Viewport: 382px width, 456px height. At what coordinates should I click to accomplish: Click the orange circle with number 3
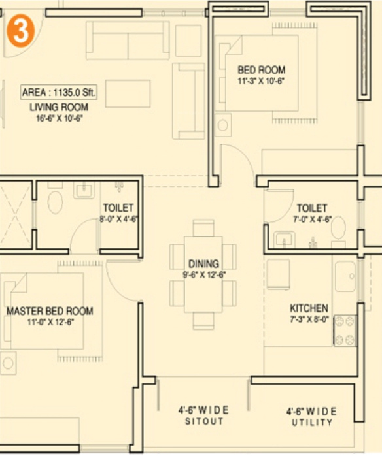[x=20, y=31]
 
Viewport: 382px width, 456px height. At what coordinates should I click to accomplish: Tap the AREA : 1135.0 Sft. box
[x=58, y=93]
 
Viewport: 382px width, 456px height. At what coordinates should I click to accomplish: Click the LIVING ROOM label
[x=59, y=107]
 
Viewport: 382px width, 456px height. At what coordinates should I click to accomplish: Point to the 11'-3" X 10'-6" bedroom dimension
[x=261, y=81]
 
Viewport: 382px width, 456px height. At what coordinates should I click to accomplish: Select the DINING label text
[x=204, y=264]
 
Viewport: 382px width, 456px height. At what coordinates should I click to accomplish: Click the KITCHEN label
[x=309, y=308]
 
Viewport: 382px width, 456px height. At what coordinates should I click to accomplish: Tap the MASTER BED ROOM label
[x=50, y=311]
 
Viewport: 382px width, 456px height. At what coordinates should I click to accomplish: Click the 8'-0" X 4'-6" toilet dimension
[x=118, y=219]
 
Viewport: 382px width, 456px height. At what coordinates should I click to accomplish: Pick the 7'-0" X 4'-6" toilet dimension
[x=313, y=220]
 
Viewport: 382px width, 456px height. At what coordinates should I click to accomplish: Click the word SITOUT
[x=204, y=421]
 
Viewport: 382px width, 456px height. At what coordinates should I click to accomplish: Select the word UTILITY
[x=312, y=422]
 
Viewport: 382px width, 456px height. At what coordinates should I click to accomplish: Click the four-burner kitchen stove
[x=345, y=331]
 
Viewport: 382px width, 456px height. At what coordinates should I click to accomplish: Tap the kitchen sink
[x=345, y=276]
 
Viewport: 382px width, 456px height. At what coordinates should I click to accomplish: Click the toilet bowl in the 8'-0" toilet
[x=55, y=202]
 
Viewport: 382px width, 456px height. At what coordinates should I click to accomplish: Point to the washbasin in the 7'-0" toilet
[x=284, y=239]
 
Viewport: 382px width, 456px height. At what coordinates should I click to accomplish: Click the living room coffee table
[x=128, y=94]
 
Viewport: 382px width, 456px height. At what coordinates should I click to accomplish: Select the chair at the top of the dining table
[x=203, y=228]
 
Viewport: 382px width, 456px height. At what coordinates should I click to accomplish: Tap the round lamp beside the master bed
[x=8, y=363]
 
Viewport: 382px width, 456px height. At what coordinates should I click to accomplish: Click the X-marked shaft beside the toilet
[x=16, y=214]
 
